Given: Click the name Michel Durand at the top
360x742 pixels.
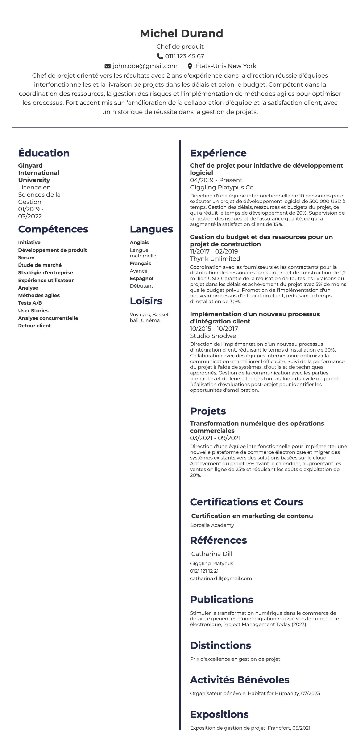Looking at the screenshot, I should [x=181, y=33].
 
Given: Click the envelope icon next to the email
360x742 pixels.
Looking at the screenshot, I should [x=108, y=66].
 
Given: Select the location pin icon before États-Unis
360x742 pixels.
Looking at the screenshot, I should [x=190, y=66].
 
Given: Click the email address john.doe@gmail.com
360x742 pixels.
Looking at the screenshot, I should [x=145, y=66].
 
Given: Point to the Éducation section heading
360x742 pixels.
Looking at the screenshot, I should [x=44, y=153].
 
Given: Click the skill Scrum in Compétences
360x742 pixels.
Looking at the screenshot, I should [x=26, y=258].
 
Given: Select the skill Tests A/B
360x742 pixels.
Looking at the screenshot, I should [x=30, y=303].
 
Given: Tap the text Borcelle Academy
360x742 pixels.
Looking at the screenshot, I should [x=212, y=525].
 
